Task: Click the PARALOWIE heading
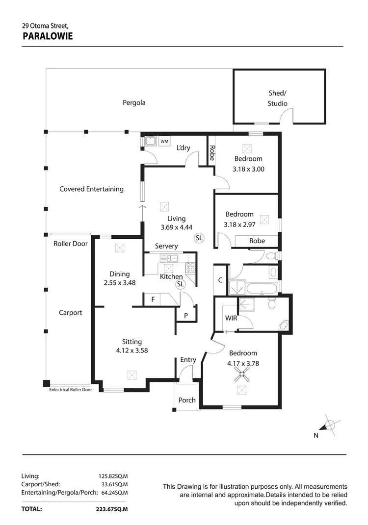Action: [x=48, y=35]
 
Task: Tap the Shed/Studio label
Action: [x=278, y=98]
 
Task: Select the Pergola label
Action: [x=134, y=103]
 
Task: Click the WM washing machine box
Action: [x=164, y=141]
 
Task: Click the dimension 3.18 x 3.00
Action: [x=248, y=169]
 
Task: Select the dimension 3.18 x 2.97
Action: [x=239, y=225]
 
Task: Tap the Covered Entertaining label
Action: [x=91, y=189]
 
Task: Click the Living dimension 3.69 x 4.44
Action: [x=176, y=227]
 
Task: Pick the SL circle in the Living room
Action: [x=199, y=238]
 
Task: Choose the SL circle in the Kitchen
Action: [x=180, y=284]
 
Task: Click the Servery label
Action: [x=166, y=246]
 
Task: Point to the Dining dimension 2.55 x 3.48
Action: [x=120, y=283]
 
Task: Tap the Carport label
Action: [x=71, y=313]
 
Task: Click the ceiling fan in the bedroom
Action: [x=241, y=376]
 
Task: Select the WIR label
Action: [x=231, y=318]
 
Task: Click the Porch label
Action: [x=187, y=400]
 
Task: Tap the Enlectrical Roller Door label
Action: [x=71, y=390]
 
